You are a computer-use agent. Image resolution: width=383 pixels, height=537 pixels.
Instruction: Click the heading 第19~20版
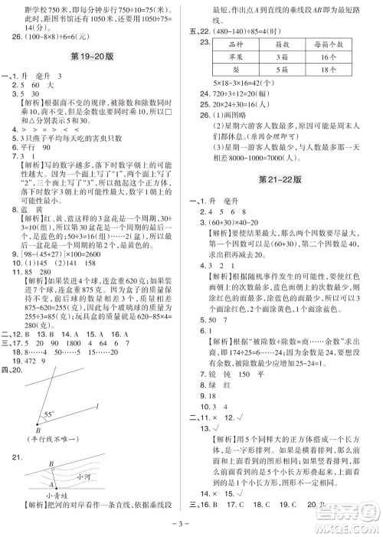tap(97, 57)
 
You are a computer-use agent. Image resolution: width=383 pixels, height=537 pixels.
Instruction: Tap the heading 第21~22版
tap(287, 201)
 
